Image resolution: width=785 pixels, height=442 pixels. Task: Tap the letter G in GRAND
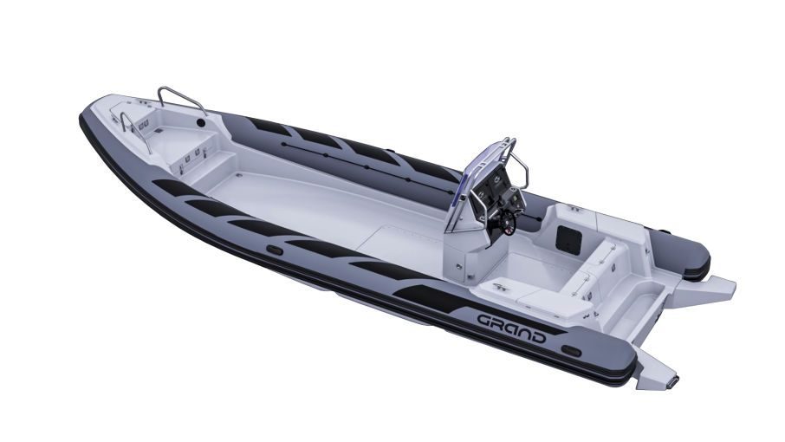point(485,321)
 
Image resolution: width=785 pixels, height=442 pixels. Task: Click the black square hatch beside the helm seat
point(568,239)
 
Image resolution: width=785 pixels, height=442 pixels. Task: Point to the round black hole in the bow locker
point(201,123)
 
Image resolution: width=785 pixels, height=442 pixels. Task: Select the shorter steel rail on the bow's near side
point(135,131)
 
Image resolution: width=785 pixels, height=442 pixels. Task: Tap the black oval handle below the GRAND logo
point(571,350)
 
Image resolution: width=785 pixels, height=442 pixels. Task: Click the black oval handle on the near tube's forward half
point(275,250)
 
